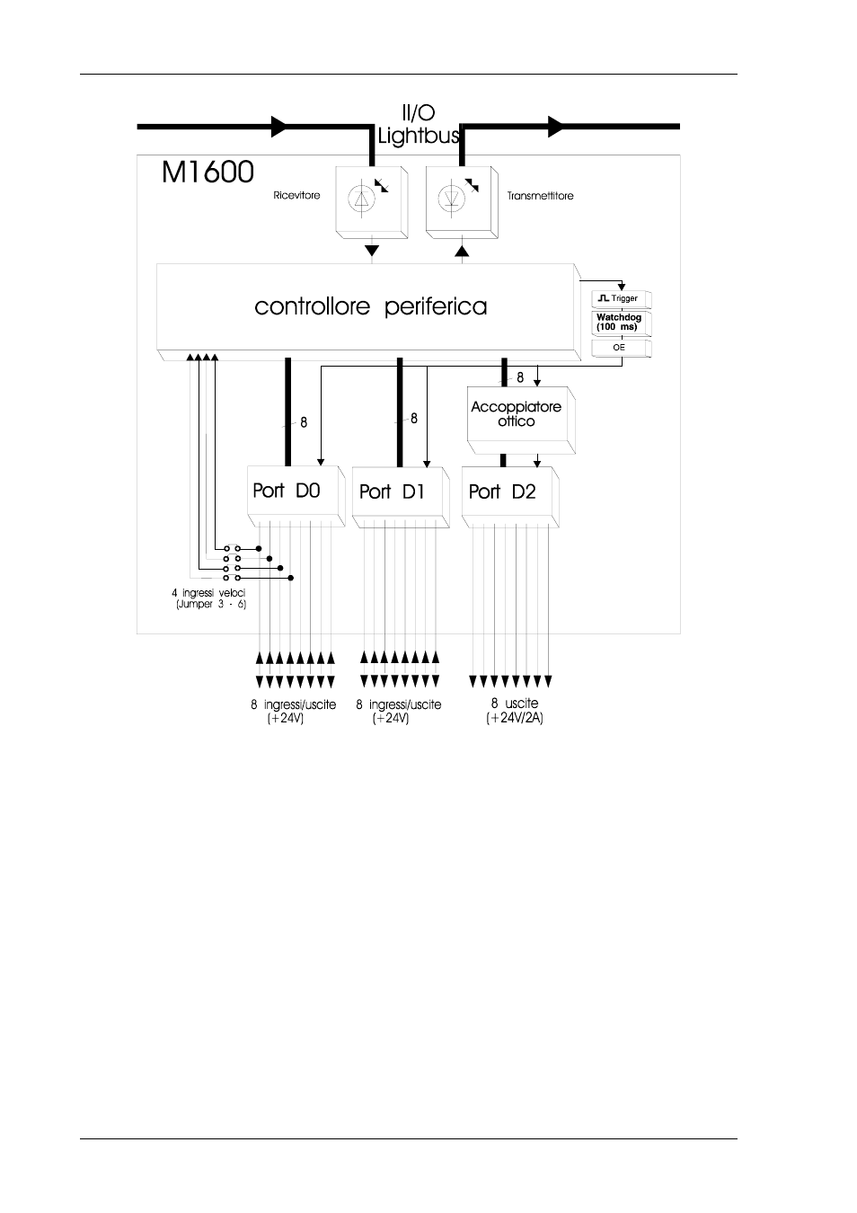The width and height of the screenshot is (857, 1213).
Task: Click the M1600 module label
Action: click(x=208, y=172)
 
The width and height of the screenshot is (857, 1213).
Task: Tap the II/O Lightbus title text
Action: click(x=419, y=126)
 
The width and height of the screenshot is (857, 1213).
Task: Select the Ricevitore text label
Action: click(x=296, y=195)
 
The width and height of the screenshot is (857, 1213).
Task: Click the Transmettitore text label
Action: click(x=540, y=195)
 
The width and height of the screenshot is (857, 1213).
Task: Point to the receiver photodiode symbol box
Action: click(x=368, y=199)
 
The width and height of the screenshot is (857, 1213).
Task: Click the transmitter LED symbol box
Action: click(x=458, y=199)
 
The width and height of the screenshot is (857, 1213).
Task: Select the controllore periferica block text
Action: click(x=370, y=306)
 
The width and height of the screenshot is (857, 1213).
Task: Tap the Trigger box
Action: click(x=620, y=298)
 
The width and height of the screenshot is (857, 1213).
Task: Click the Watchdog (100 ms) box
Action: click(x=620, y=323)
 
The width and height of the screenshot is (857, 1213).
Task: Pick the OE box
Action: click(x=619, y=347)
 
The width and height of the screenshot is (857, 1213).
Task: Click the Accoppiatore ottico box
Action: click(x=517, y=415)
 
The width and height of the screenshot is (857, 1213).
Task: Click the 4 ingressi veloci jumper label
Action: click(x=208, y=598)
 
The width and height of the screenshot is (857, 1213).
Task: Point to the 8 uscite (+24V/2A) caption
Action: click(x=515, y=711)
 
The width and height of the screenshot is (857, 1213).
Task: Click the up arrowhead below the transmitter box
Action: click(x=463, y=250)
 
